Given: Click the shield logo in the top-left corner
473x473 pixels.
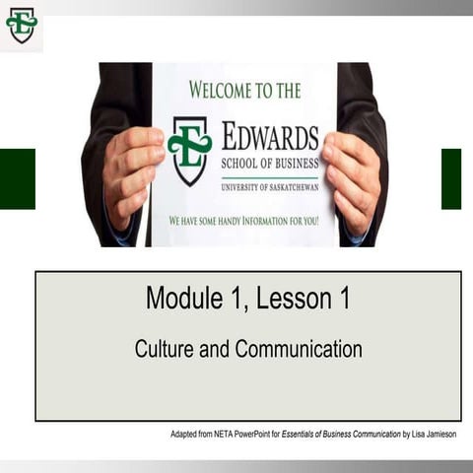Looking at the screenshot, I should click(21, 25).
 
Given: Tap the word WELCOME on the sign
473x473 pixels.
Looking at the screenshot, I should click(222, 91).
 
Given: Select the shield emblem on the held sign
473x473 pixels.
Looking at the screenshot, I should click(189, 150).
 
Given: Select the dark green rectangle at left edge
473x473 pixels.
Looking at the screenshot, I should click(17, 178).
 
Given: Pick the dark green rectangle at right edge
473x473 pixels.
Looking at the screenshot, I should click(451, 178).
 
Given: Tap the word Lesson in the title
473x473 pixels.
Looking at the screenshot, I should click(291, 298).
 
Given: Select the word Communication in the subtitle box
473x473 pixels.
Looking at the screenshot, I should click(298, 349).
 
